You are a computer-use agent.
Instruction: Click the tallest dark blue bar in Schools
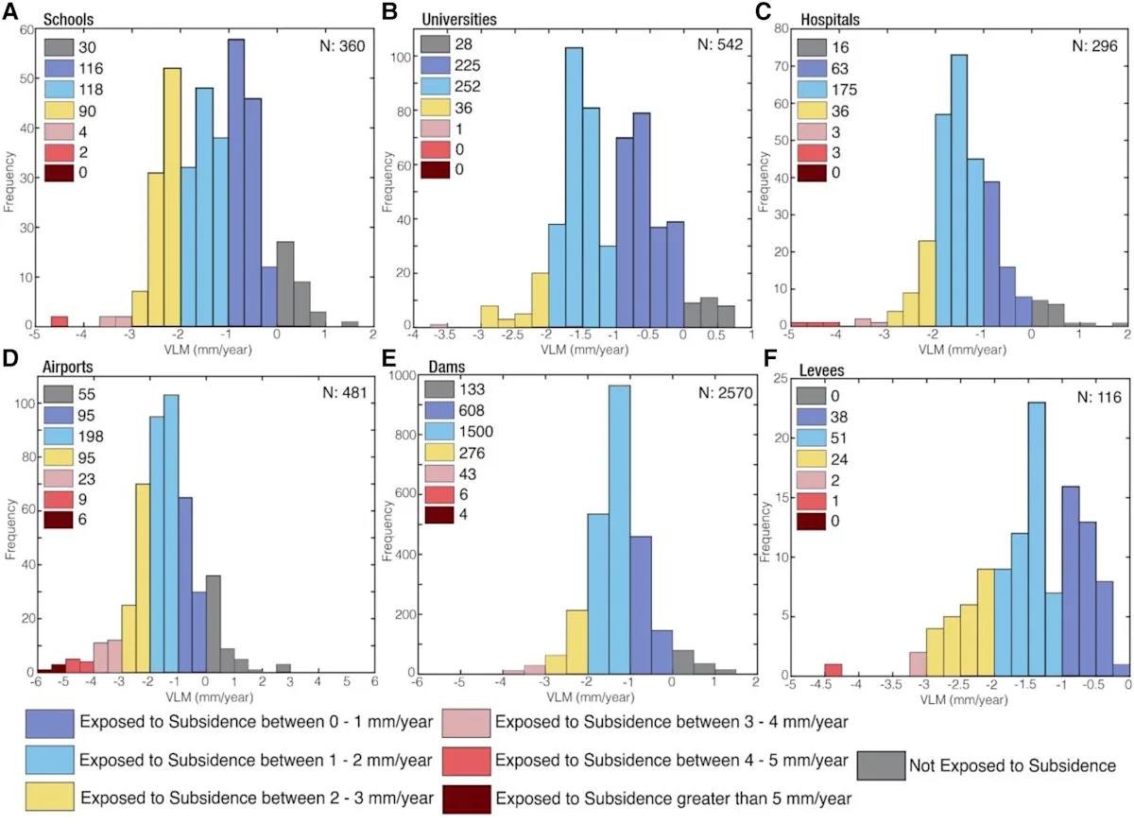click(x=236, y=182)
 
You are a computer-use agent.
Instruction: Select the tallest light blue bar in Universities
click(x=575, y=187)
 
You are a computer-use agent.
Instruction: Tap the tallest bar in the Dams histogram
click(x=620, y=529)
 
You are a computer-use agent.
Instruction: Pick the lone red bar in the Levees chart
click(x=833, y=670)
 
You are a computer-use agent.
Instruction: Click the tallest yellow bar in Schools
click(x=172, y=197)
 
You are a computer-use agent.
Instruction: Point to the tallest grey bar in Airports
click(x=214, y=624)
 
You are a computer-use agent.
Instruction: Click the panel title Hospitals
click(x=831, y=19)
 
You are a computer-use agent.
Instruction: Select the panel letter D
click(x=10, y=357)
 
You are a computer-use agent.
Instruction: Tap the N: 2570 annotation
click(x=725, y=393)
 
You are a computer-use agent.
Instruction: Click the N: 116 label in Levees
click(x=1099, y=397)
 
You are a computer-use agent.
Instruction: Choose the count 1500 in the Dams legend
click(x=476, y=431)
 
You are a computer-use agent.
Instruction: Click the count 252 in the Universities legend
click(x=467, y=87)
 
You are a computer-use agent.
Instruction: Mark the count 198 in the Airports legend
click(x=91, y=437)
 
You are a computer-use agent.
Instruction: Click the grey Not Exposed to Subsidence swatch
click(x=881, y=764)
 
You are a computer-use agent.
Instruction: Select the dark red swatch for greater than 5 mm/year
click(x=466, y=798)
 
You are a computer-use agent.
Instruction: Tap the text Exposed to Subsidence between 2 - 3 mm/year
click(x=257, y=798)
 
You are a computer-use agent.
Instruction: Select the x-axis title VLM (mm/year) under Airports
click(x=209, y=697)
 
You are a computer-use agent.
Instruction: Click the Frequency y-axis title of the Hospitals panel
click(x=764, y=181)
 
